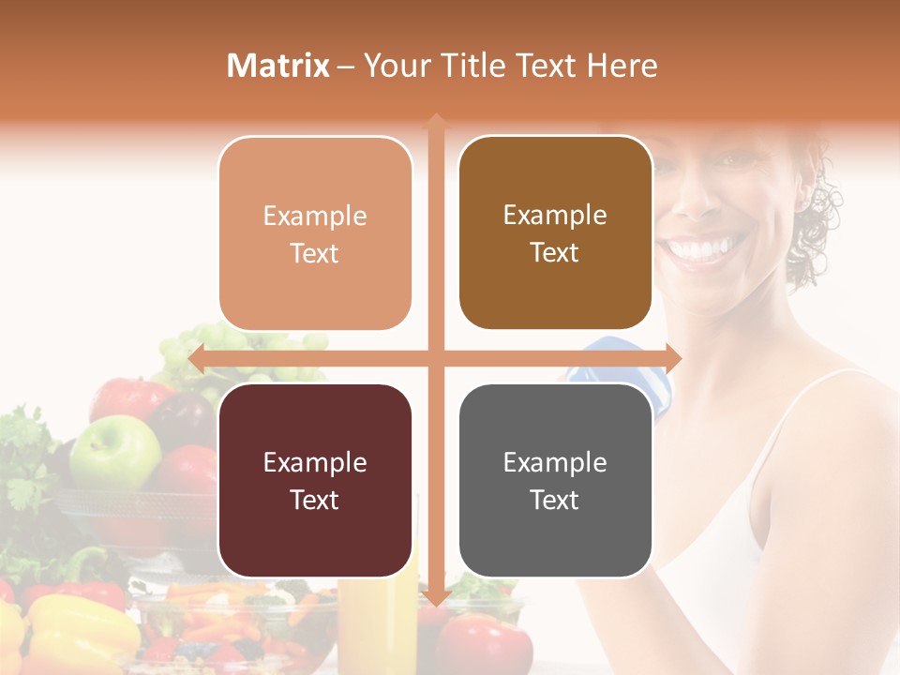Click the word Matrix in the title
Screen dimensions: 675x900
(x=278, y=65)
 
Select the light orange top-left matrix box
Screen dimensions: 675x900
(x=315, y=233)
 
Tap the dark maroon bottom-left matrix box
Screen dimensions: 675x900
(x=315, y=481)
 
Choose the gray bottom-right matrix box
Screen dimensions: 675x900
(x=555, y=480)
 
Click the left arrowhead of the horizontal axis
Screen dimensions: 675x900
(x=196, y=358)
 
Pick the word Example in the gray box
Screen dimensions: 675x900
(x=555, y=462)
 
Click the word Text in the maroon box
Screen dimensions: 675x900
(x=315, y=500)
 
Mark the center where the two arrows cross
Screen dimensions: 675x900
(x=436, y=358)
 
